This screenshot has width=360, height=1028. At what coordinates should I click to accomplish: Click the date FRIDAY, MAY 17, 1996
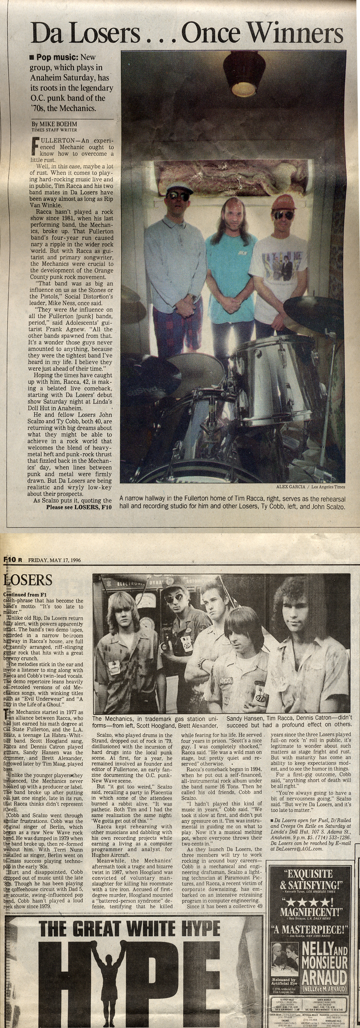coord(54,560)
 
